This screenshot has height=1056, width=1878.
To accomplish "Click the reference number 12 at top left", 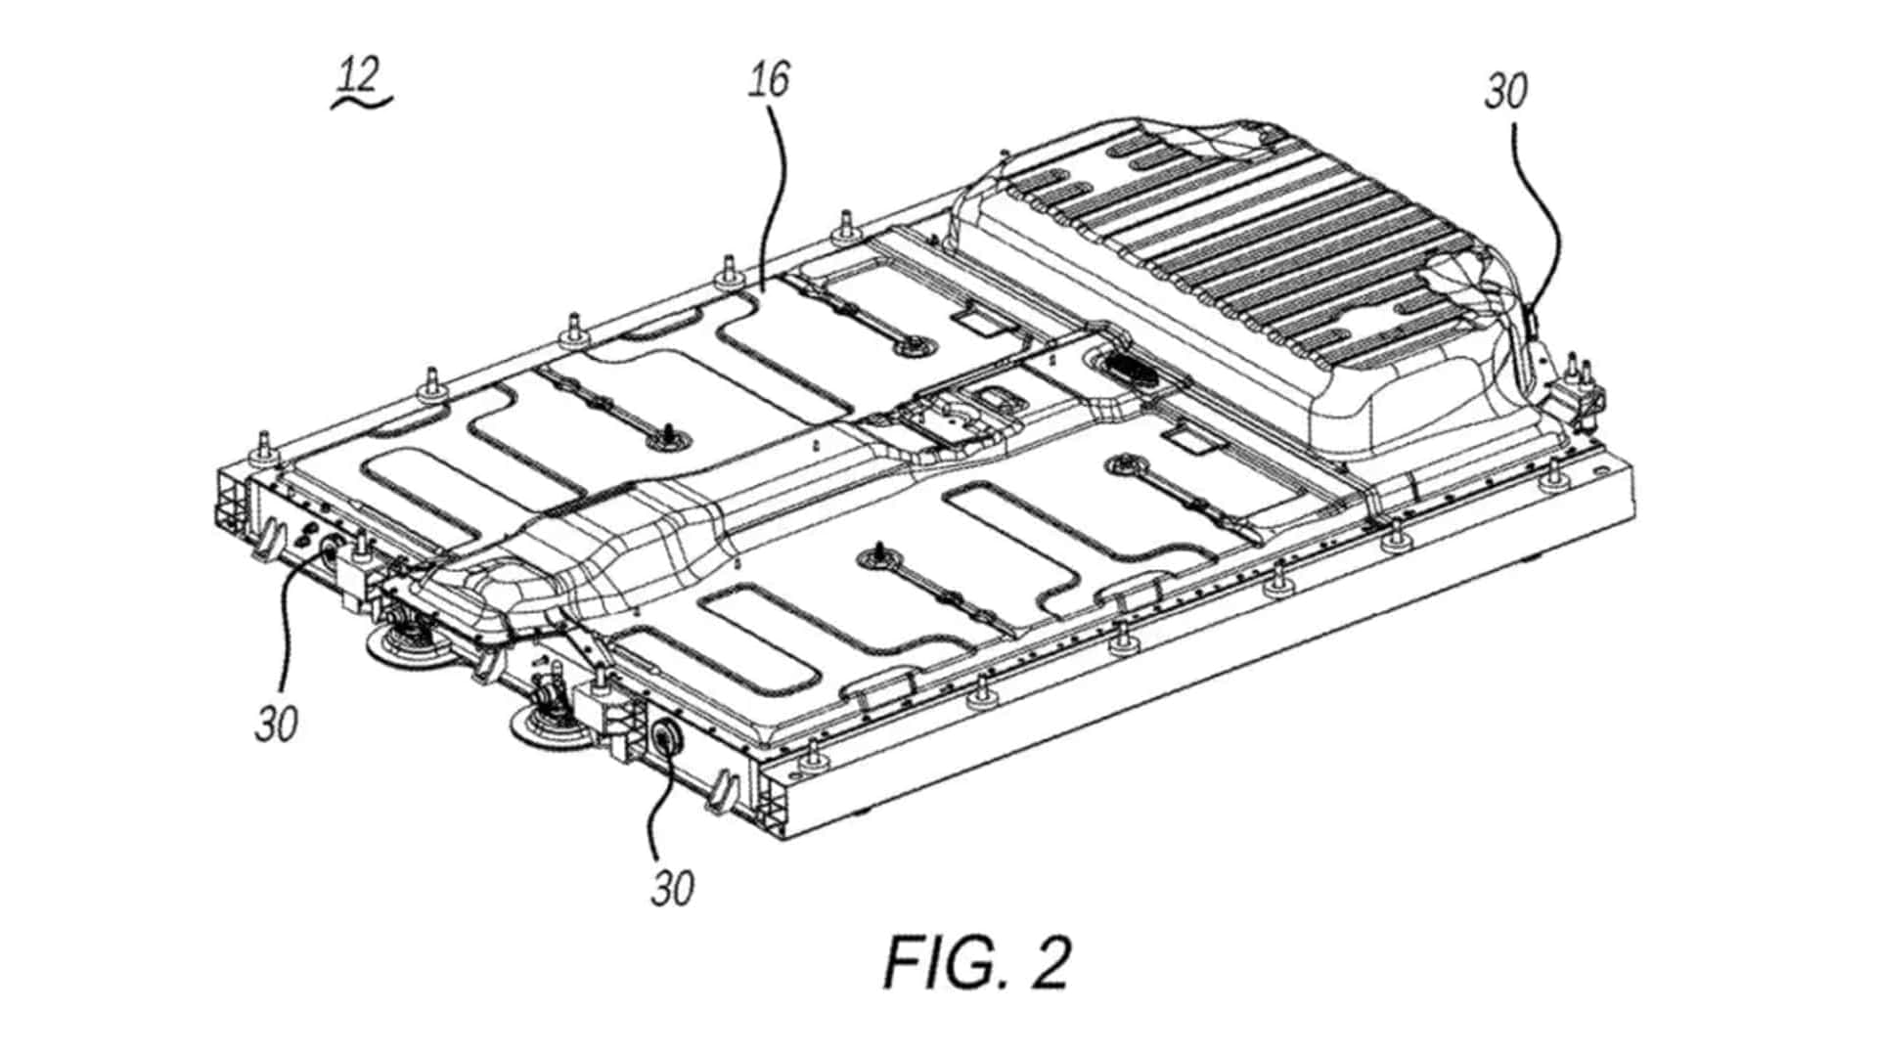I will pyautogui.click(x=360, y=75).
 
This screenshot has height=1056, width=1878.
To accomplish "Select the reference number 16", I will pyautogui.click(x=769, y=79).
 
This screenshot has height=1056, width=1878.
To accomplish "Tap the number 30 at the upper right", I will pyautogui.click(x=1505, y=91).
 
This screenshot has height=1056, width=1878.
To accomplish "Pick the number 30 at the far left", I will pyautogui.click(x=276, y=725).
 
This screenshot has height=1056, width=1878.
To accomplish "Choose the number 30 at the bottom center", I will pyautogui.click(x=673, y=888).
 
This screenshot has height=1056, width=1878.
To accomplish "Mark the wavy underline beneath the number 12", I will pyautogui.click(x=362, y=102).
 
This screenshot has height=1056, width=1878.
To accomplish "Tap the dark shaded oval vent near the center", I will pyautogui.click(x=1130, y=369).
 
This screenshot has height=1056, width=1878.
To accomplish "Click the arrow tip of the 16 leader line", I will pyautogui.click(x=762, y=288).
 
